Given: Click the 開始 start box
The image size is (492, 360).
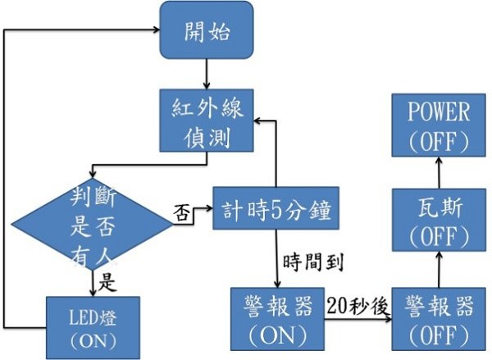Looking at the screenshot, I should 205,32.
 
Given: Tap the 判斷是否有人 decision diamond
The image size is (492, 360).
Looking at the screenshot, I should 90,223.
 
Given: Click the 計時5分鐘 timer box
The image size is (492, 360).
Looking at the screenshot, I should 275,210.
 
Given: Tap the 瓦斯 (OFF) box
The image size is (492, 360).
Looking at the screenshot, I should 439,221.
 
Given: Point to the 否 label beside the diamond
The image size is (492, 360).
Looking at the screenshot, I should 183,212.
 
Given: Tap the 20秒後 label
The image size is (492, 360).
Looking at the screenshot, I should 357,305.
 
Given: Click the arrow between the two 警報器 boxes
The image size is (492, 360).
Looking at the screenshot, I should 359,319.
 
